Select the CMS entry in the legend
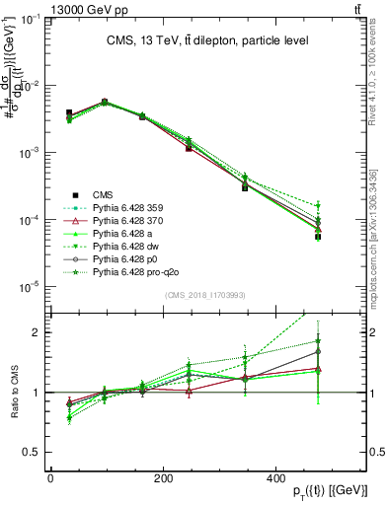pos(105,194)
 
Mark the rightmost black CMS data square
pos(318,237)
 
